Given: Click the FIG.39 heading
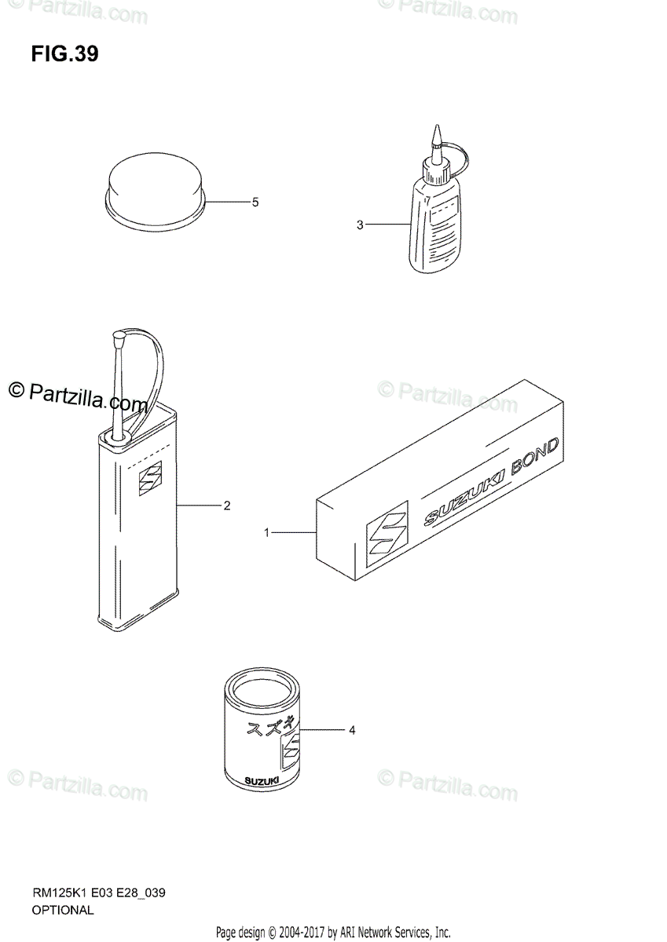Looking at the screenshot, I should (x=65, y=55).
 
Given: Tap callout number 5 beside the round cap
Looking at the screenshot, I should (x=255, y=202).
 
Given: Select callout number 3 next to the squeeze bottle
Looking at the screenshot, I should (x=360, y=225).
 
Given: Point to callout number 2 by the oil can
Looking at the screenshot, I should (x=226, y=505).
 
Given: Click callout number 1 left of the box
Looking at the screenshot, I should (x=267, y=533).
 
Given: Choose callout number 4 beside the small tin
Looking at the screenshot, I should (x=352, y=731).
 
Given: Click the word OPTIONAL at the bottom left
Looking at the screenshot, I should (x=62, y=911).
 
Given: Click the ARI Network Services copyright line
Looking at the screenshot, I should (x=333, y=933).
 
